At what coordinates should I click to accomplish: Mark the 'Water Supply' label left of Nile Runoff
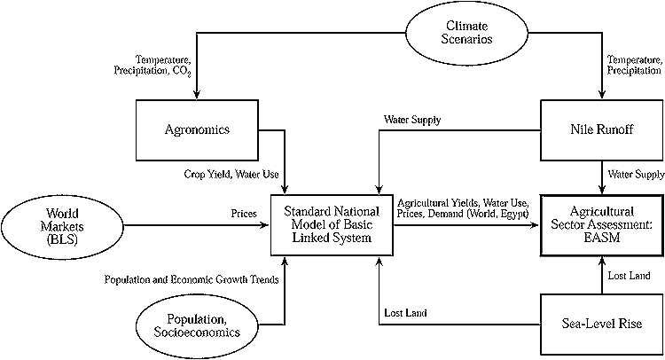pos(411,118)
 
